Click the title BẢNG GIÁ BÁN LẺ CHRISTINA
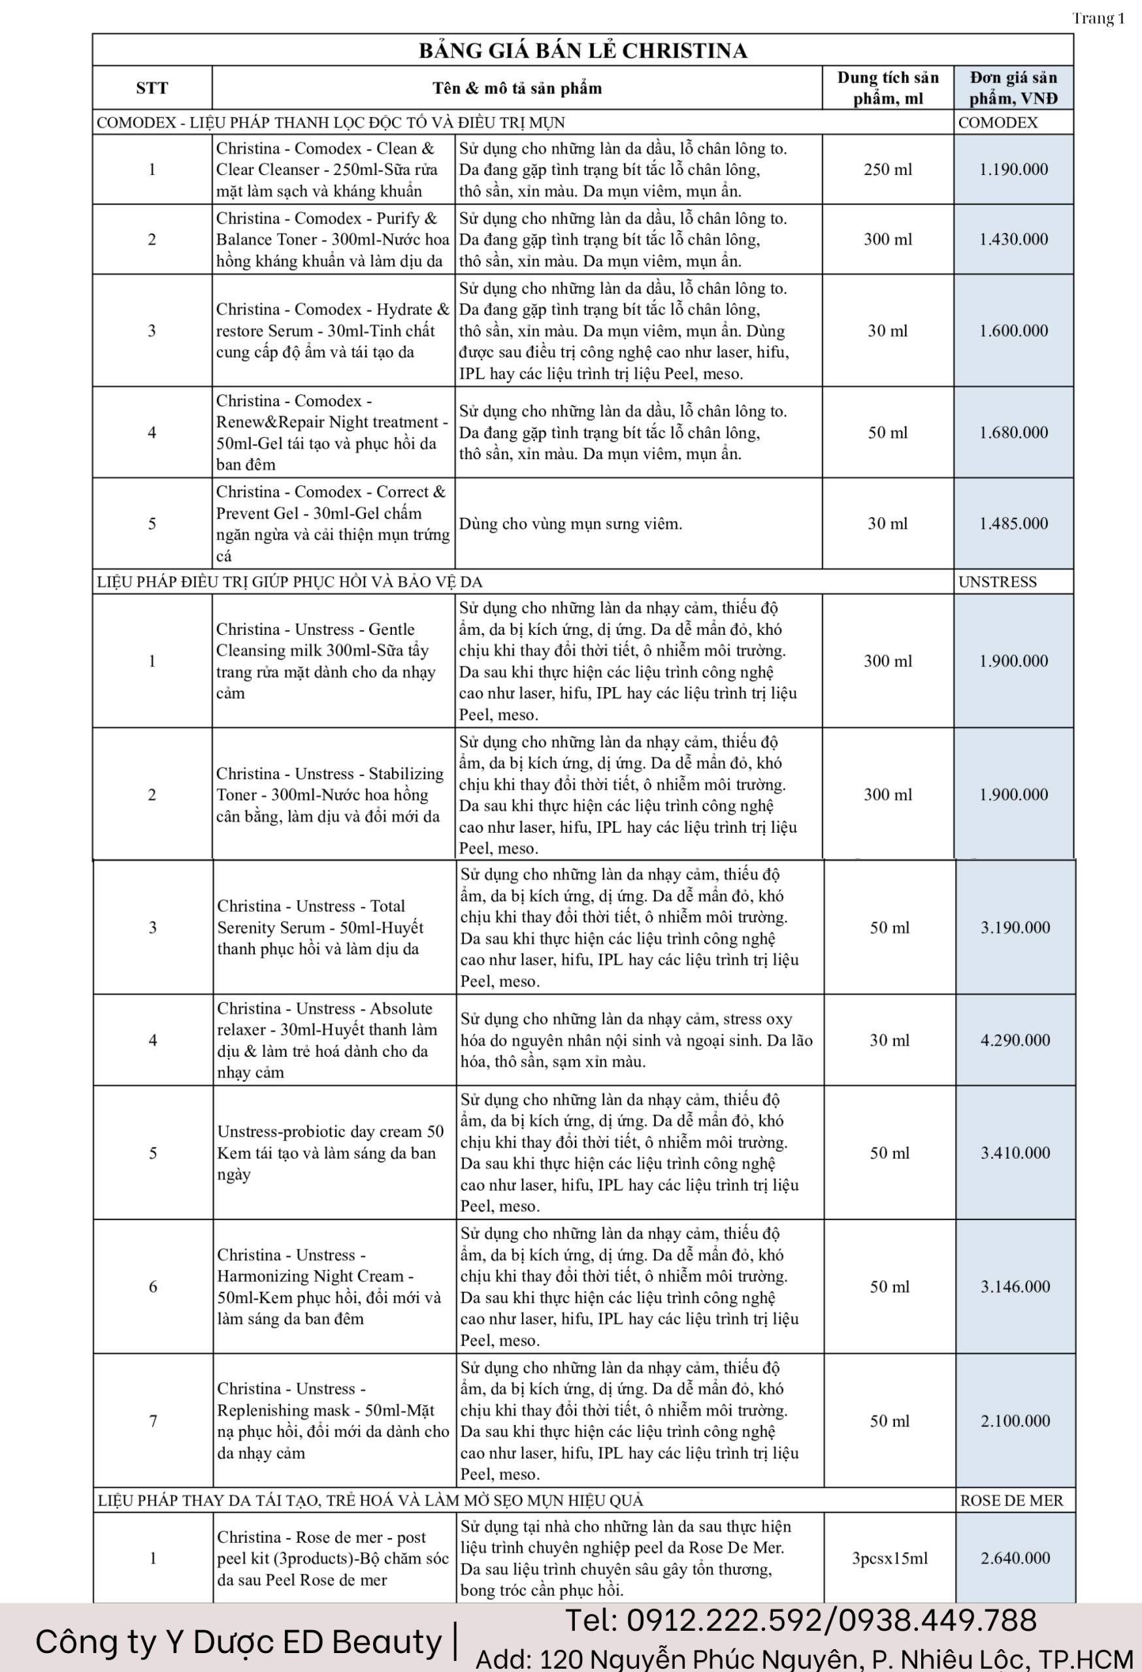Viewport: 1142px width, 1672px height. [583, 50]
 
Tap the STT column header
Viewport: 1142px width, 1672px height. [152, 88]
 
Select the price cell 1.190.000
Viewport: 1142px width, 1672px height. [1013, 170]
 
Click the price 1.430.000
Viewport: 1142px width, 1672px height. [1013, 240]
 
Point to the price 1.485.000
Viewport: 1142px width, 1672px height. [1013, 524]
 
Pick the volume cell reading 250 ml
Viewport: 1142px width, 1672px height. [887, 170]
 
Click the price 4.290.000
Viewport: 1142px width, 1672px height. [1015, 1040]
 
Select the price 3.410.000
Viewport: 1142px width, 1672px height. [1015, 1153]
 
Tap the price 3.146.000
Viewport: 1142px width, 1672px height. [1015, 1287]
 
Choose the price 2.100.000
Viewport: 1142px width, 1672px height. [1015, 1421]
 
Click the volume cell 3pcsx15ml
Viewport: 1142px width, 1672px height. [889, 1558]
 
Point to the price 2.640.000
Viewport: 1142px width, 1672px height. [1015, 1558]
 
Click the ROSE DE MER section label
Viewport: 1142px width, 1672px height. [1011, 1501]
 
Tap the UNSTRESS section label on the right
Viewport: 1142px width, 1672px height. [998, 582]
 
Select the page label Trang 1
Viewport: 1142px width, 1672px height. [1098, 19]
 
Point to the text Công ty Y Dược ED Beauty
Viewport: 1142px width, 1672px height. [238, 1643]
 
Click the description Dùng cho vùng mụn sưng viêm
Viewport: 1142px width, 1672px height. [570, 524]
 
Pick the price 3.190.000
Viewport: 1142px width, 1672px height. [1015, 928]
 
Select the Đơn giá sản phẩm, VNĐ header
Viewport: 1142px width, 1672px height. [1013, 88]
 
